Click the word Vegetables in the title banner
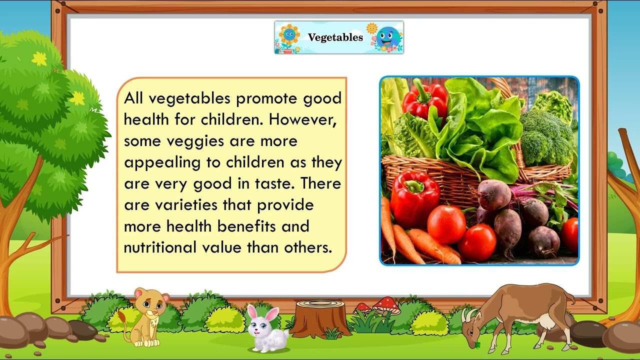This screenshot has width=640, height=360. [x=335, y=37]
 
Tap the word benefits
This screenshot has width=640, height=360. [x=247, y=226]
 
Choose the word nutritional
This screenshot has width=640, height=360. [x=164, y=247]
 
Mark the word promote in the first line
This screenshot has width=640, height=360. [x=267, y=98]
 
